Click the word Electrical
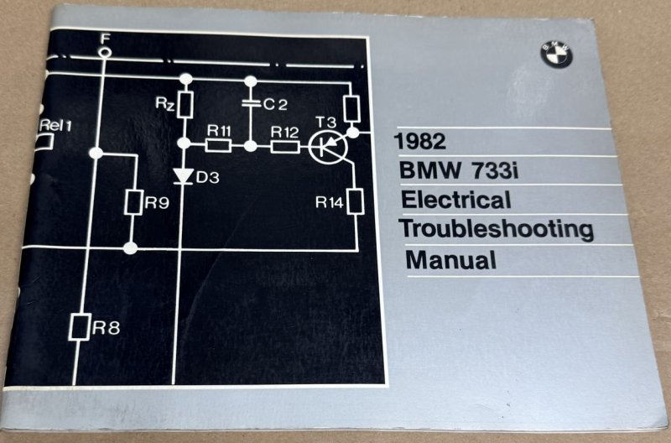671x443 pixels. tap(455, 201)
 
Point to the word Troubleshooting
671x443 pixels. tap(496, 229)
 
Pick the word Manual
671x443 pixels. tap(450, 259)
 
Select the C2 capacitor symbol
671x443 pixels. tap(251, 105)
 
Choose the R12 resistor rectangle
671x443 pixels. tap(283, 147)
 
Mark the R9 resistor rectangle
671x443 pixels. tap(130, 201)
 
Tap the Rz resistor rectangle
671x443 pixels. tap(185, 105)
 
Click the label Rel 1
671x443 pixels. tap(56, 125)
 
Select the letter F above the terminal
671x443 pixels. tap(104, 38)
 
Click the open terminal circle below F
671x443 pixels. tap(104, 52)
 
